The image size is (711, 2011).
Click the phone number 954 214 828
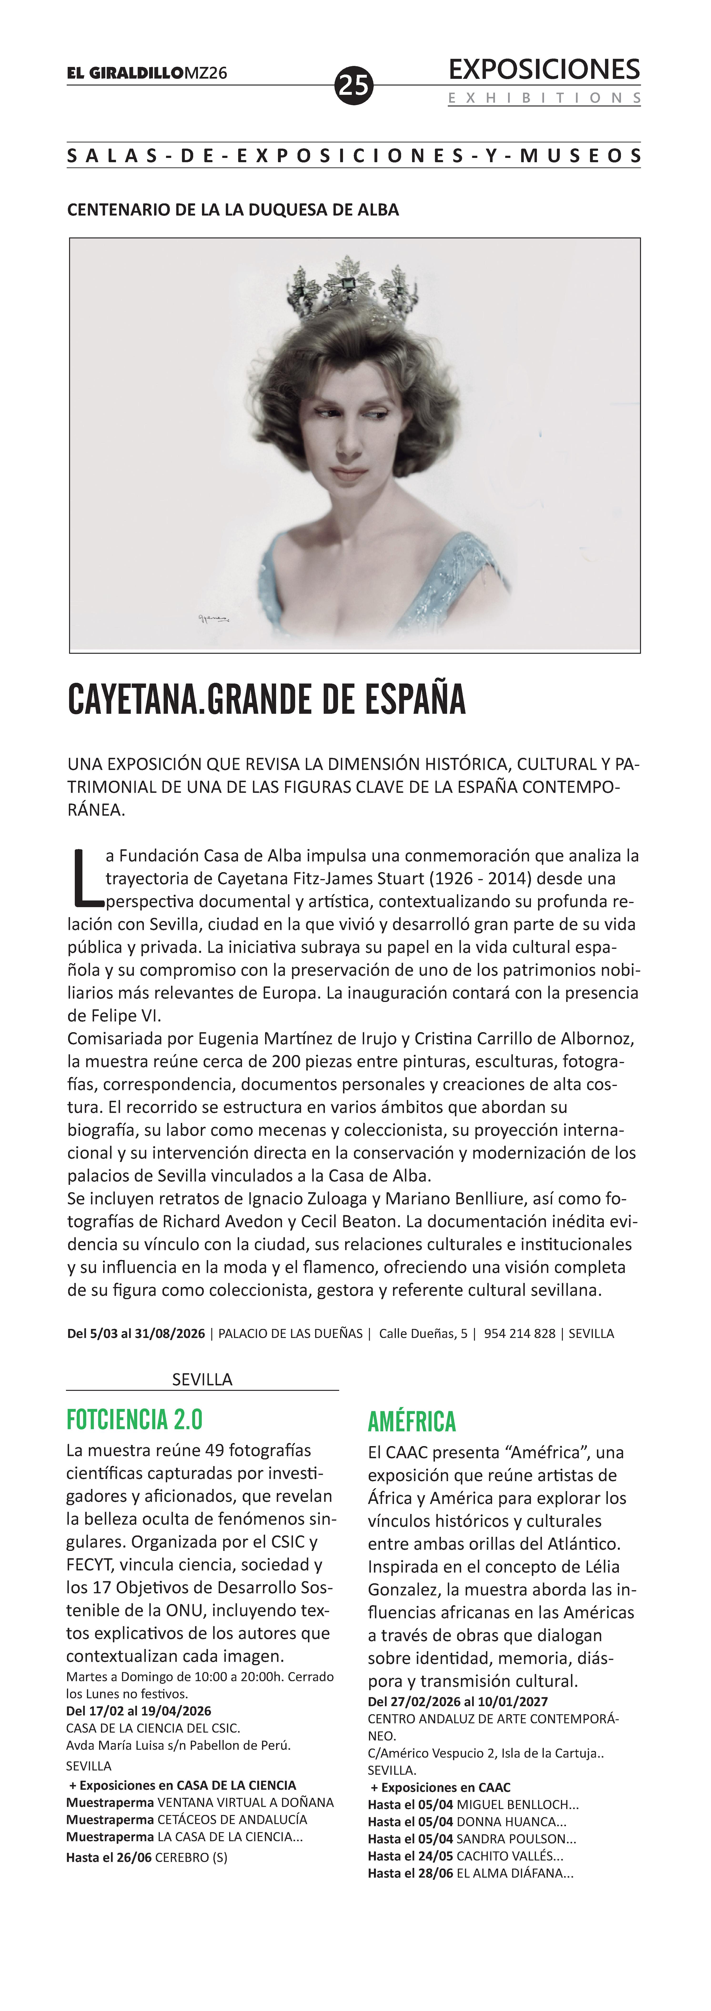tap(519, 1333)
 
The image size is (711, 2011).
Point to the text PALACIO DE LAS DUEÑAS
tap(290, 1333)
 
